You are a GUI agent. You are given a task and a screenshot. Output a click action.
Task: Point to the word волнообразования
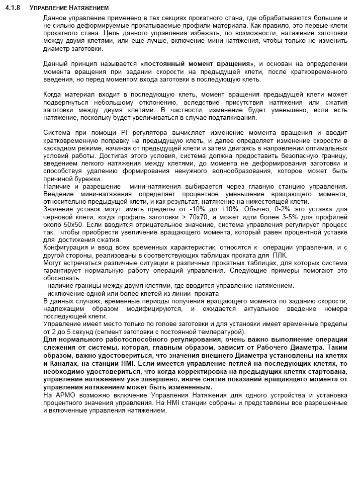tap(268, 171)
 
